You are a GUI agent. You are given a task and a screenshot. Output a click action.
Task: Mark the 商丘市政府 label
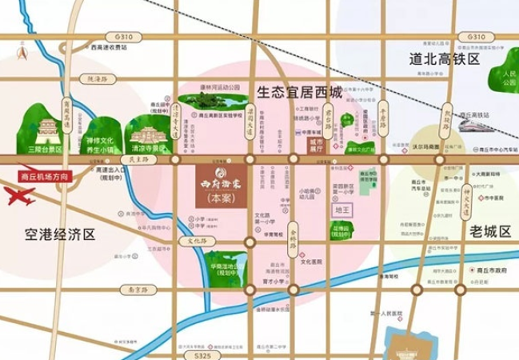(x=488, y=271)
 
